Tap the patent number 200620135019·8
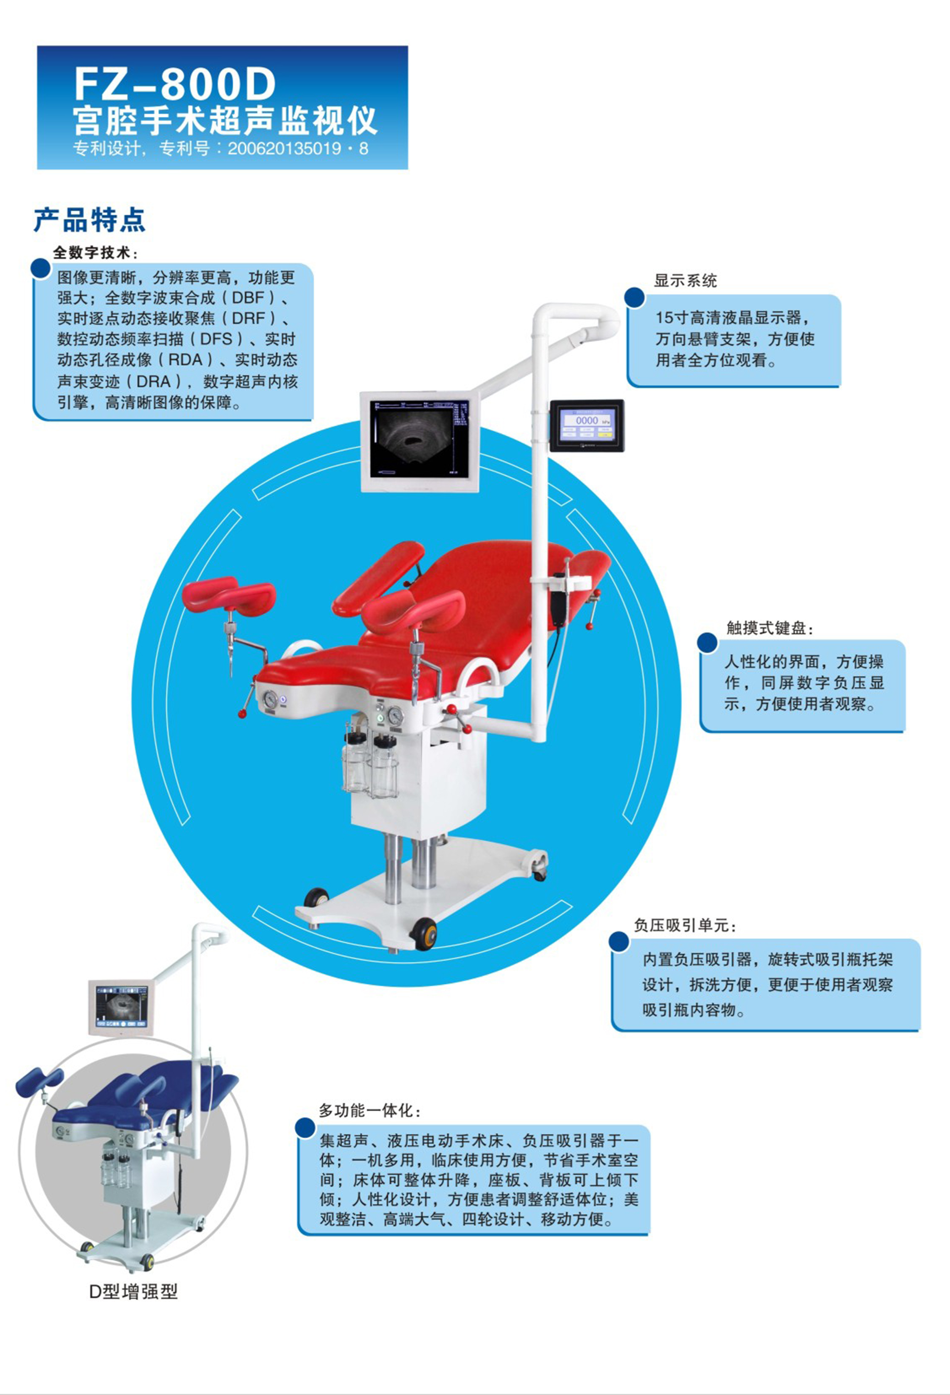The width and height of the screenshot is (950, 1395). click(298, 148)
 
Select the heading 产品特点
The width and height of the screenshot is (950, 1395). click(90, 220)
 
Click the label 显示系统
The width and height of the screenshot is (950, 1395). click(685, 280)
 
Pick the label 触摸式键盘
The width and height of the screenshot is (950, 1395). click(768, 628)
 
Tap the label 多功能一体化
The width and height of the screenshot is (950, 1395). click(369, 1111)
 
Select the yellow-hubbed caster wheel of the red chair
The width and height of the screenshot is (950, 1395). click(425, 934)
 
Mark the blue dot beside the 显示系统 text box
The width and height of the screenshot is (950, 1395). click(634, 296)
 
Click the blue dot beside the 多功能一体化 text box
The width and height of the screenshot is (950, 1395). click(306, 1127)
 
